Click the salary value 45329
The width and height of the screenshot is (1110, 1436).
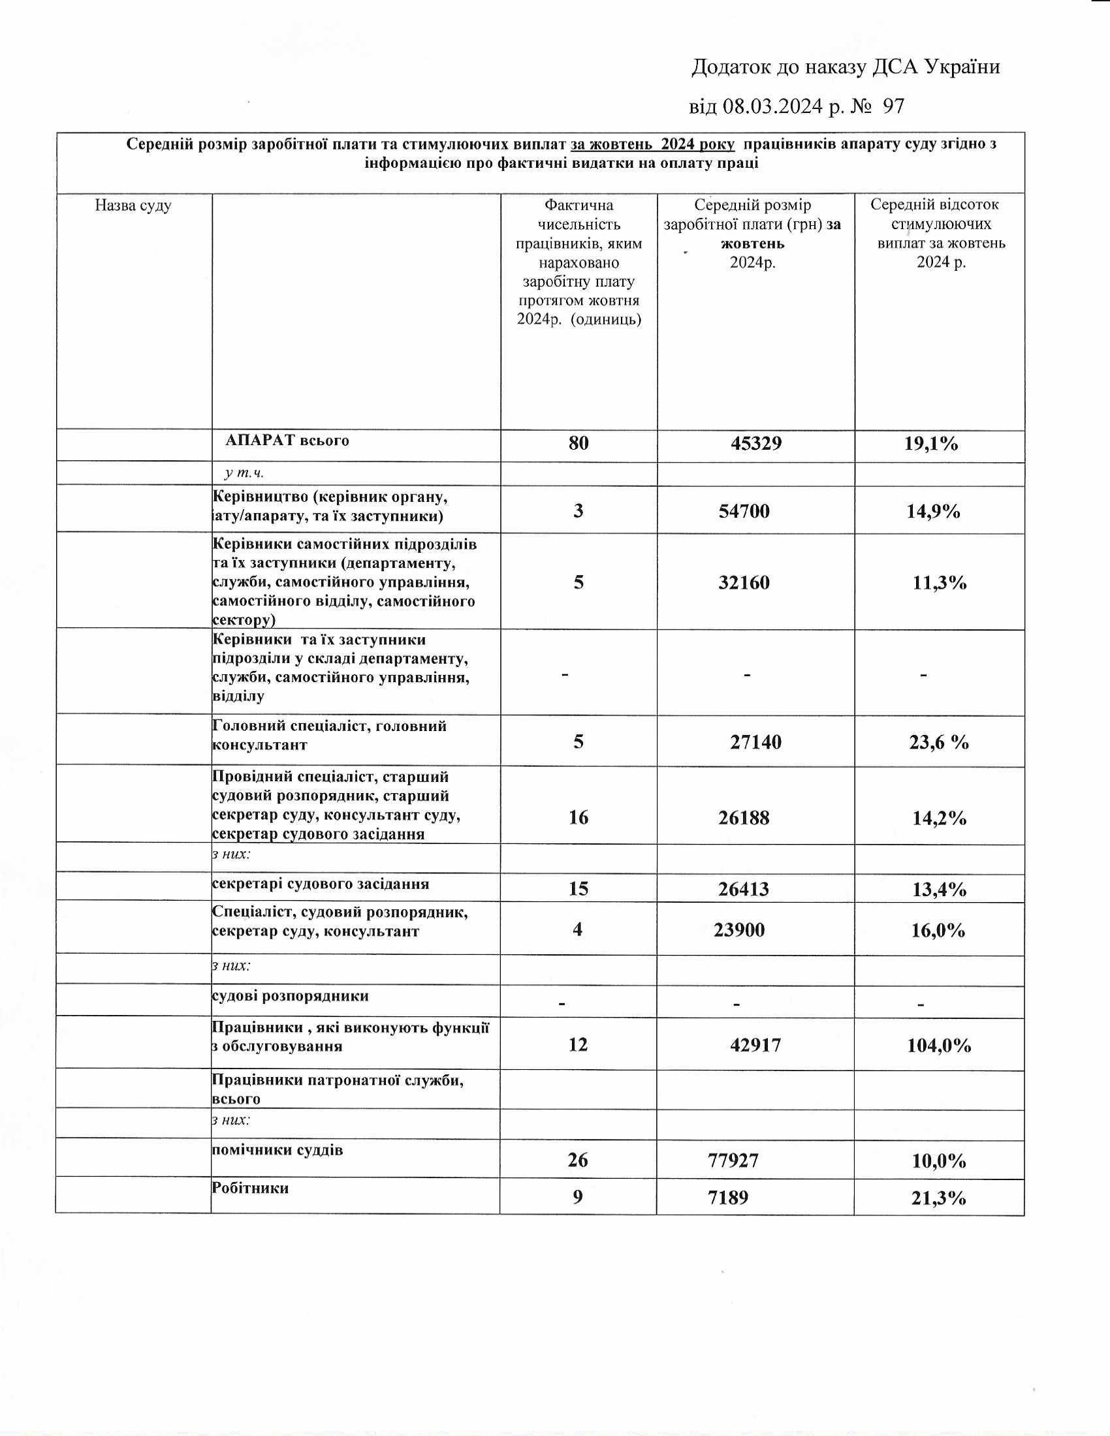point(755,443)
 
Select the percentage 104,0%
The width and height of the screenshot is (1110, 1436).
point(939,1046)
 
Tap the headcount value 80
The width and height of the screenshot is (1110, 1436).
point(579,443)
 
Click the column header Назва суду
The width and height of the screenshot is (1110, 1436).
point(133,206)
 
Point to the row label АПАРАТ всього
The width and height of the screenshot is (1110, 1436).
point(287,441)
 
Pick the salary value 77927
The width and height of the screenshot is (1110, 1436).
point(733,1161)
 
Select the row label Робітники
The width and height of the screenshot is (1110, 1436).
point(250,1188)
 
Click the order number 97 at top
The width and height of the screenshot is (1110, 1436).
point(893,106)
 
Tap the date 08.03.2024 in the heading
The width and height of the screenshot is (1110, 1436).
point(772,106)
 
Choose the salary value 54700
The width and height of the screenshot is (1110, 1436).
point(744,511)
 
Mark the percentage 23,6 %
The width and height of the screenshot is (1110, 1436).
point(939,742)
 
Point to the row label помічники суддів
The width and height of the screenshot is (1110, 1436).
point(277,1150)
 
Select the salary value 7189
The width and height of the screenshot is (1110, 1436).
point(729,1197)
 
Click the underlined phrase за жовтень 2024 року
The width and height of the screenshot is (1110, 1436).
point(653,144)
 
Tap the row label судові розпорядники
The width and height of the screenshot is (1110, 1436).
point(290,995)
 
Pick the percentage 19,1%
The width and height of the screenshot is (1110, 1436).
point(931,444)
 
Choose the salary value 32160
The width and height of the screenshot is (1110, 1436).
point(744,582)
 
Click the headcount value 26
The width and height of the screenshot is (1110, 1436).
point(577,1161)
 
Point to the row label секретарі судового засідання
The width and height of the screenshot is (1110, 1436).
point(320,884)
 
